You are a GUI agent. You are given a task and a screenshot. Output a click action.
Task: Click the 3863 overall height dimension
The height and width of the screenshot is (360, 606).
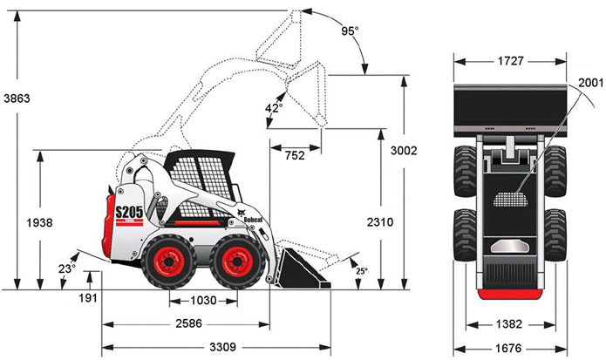pos(17,98)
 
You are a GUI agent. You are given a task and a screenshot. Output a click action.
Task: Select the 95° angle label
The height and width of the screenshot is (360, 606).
pos(350,31)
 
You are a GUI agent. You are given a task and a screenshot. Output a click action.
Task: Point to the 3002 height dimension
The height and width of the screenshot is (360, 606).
pos(404,150)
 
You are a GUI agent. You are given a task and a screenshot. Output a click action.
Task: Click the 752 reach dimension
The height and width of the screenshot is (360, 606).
pos(296,154)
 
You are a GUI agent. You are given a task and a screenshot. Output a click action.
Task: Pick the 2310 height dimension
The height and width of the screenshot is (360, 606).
pos(379,222)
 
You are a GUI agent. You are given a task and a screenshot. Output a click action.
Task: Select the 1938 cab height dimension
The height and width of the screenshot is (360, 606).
pos(40,222)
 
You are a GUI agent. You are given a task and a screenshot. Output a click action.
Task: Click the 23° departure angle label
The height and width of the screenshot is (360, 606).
pos(65,268)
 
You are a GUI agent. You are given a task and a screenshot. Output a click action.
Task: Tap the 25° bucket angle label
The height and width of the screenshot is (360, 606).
pos(361,271)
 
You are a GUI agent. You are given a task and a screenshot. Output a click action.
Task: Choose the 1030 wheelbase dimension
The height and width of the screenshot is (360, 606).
pos(203,300)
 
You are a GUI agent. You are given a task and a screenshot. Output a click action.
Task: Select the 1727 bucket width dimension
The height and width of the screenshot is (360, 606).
pos(505,63)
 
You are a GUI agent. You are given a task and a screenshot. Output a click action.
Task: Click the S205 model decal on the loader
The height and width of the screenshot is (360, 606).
pos(129,211)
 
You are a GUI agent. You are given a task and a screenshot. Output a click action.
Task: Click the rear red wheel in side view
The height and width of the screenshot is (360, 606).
pos(169,262)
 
